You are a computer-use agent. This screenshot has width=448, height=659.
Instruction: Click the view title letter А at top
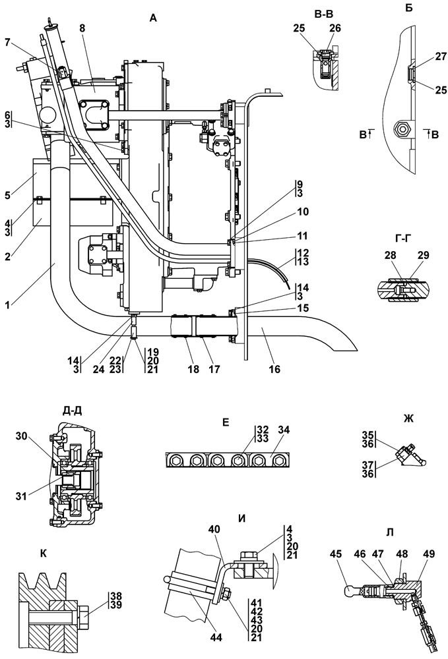[x=154, y=19]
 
